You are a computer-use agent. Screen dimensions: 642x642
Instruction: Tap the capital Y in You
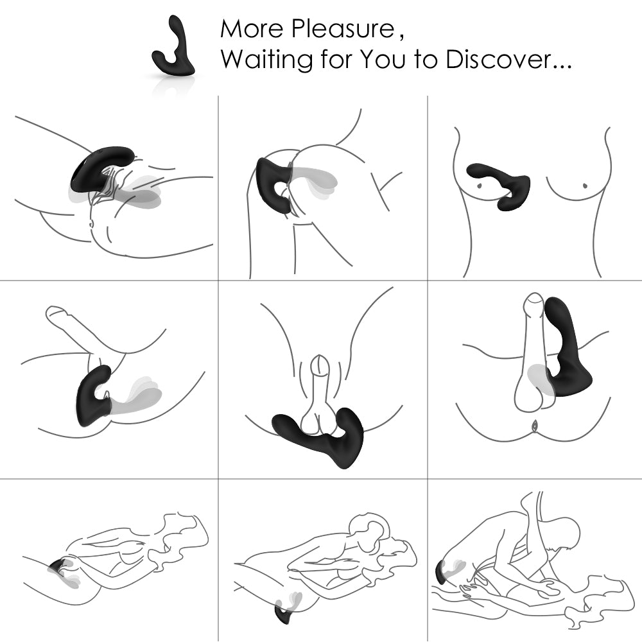click(367, 60)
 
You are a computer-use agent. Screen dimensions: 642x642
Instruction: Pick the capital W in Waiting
click(233, 60)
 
